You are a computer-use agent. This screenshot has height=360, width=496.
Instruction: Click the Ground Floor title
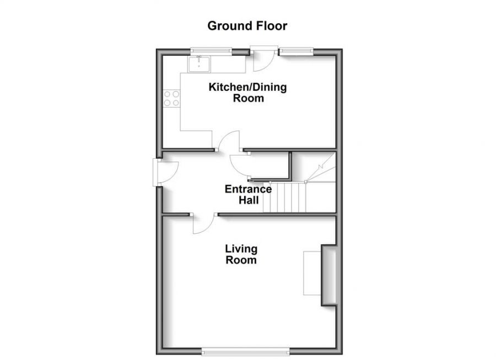(x=247, y=25)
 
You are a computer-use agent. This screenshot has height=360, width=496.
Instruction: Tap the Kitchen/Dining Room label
(x=247, y=93)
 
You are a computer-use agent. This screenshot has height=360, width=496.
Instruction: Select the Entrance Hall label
(x=249, y=195)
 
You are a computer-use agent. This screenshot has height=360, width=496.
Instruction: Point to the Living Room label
(x=241, y=254)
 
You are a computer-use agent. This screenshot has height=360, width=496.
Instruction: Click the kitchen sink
(x=198, y=64)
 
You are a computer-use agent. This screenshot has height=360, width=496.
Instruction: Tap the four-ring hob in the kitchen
(x=171, y=98)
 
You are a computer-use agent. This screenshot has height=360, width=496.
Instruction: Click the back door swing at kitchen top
(x=263, y=60)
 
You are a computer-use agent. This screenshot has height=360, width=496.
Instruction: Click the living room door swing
(x=204, y=224)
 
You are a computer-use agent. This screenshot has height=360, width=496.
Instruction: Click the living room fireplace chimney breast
(x=329, y=275)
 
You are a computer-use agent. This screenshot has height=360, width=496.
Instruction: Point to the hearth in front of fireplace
(x=312, y=273)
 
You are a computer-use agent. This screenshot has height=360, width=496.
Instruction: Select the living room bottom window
(x=245, y=351)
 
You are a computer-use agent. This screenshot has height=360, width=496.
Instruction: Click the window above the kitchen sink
(x=211, y=51)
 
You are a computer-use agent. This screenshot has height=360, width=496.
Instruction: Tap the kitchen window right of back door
(x=296, y=51)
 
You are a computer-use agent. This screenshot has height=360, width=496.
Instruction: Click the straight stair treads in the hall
(x=285, y=197)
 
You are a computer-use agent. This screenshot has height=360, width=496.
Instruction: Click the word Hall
(x=249, y=200)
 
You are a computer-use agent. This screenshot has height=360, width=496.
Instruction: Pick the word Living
(x=241, y=249)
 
